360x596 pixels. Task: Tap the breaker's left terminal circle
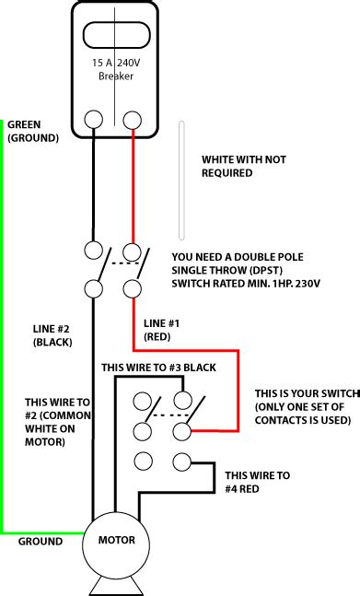coord(94,120)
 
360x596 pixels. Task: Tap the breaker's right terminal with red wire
coord(133,120)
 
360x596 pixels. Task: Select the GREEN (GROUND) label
coord(32,131)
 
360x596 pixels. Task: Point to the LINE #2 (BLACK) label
coord(53,335)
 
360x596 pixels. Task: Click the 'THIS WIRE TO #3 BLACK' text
coord(158,367)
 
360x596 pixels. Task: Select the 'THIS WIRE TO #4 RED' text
coord(258,482)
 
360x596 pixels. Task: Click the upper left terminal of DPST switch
coord(93,251)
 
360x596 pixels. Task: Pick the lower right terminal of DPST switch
coord(133,289)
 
